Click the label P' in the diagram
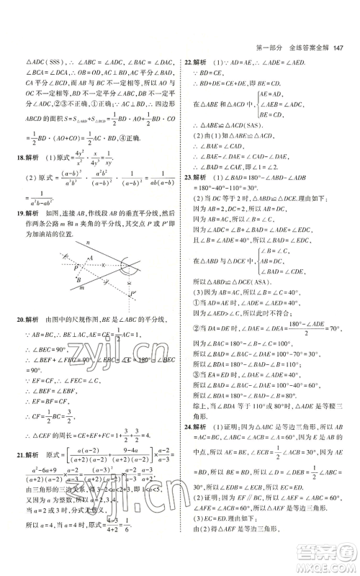pos(133,293)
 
